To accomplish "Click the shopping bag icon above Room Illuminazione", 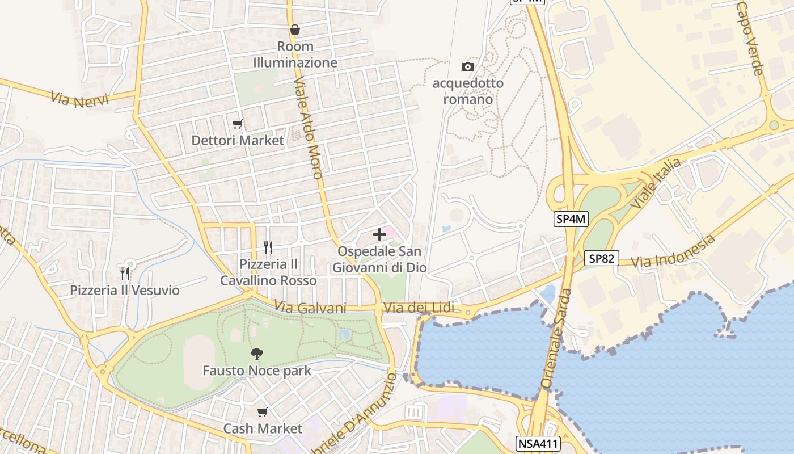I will [x=295, y=30].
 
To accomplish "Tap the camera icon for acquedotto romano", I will [x=467, y=66].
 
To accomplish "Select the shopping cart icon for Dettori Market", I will [x=238, y=124].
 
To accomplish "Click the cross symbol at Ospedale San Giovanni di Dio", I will [x=379, y=234].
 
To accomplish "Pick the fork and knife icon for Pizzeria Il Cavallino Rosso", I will [x=268, y=247].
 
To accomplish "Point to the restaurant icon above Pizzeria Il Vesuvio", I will [x=124, y=274].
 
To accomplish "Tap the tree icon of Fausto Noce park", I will [x=257, y=354].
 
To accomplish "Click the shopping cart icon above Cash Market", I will [x=262, y=412].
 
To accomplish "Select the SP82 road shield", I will [x=602, y=259].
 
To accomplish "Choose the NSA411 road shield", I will [x=538, y=443].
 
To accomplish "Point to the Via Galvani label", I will [x=310, y=307].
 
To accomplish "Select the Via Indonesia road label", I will [x=673, y=251].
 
